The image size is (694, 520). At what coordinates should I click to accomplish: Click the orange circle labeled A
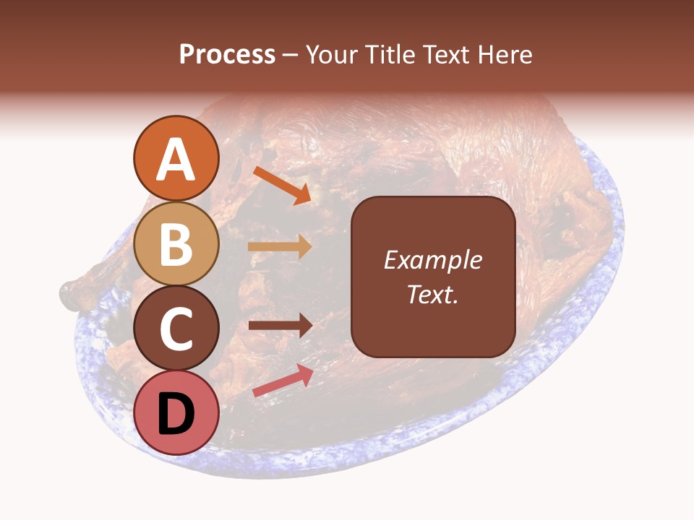click(x=176, y=158)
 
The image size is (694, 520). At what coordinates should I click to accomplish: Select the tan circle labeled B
click(x=176, y=243)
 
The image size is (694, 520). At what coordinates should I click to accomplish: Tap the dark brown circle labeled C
click(x=176, y=329)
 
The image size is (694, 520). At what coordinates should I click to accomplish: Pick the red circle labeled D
click(x=176, y=413)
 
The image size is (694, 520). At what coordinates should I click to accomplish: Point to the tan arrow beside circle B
click(x=280, y=246)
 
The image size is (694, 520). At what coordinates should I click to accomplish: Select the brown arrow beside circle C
click(x=280, y=325)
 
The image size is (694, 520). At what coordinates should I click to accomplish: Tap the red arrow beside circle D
click(x=283, y=381)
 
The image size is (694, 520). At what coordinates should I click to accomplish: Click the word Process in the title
click(x=227, y=54)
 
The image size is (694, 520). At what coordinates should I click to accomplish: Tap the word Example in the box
click(x=432, y=260)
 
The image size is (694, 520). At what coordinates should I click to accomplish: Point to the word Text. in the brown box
click(x=432, y=294)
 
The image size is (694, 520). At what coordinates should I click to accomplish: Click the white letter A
click(x=176, y=160)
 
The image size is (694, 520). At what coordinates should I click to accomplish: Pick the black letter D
click(x=176, y=414)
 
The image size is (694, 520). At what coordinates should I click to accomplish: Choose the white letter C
click(x=176, y=329)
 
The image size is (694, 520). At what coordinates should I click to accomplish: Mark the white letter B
click(x=176, y=244)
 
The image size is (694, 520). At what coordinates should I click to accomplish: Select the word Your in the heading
click(x=330, y=54)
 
